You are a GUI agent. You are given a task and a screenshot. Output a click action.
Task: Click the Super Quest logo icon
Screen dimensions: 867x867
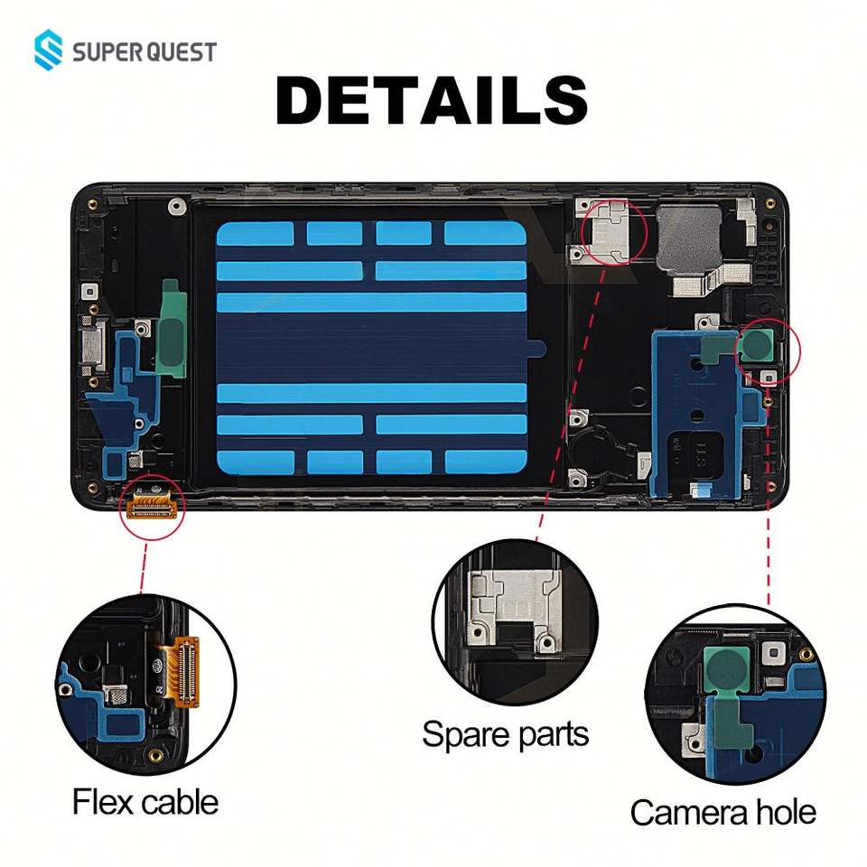[x=51, y=51]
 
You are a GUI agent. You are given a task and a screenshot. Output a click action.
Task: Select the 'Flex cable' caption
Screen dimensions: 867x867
[x=145, y=801]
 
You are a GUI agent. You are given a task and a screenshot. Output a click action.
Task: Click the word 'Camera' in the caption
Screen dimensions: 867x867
[x=683, y=812]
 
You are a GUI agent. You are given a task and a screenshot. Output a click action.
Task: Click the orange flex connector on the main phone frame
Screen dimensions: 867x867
[x=153, y=507]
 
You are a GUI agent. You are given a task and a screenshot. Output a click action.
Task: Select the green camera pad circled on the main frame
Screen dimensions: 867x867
[x=757, y=344]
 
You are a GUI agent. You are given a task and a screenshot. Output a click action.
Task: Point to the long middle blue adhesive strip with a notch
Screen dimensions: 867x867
[x=371, y=303]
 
